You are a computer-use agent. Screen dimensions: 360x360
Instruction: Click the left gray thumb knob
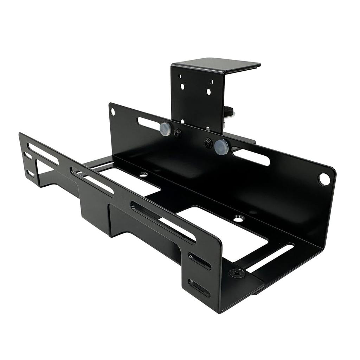coord(165,129)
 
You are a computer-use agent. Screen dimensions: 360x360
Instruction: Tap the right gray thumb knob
coord(221,146)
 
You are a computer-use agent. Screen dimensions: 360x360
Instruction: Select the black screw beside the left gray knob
coord(178,133)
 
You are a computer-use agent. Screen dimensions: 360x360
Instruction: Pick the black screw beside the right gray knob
coord(208,142)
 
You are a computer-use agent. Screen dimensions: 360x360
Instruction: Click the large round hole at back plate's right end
coord(324,179)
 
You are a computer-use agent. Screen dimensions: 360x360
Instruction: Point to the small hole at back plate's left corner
coord(112,112)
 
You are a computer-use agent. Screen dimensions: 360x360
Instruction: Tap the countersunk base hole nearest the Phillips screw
coord(239,218)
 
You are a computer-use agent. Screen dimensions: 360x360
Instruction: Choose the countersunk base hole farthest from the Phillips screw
coord(143,174)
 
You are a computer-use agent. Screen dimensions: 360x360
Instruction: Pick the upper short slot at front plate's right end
coord(199,261)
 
